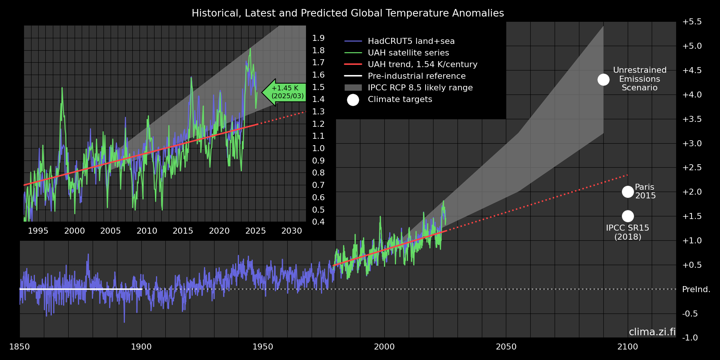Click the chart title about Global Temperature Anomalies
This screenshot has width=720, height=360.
click(x=348, y=13)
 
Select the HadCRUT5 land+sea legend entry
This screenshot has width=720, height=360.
click(x=411, y=41)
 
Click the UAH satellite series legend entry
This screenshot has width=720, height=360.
click(x=408, y=53)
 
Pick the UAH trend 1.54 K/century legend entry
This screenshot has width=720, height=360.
click(x=422, y=64)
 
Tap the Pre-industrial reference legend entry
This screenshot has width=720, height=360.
click(x=417, y=76)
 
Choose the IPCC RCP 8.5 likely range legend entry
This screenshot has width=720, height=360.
click(x=420, y=88)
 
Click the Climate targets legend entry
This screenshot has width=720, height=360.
click(x=400, y=99)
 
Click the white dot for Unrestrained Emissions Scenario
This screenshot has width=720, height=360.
click(x=603, y=79)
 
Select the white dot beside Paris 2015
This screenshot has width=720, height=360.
click(x=628, y=192)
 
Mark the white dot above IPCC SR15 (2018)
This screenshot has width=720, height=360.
click(x=628, y=216)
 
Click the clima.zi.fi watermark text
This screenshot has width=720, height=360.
click(x=652, y=332)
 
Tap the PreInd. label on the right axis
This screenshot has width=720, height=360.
click(x=696, y=289)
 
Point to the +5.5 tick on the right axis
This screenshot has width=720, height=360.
click(x=692, y=22)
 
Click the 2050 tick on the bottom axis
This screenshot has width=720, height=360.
click(x=506, y=347)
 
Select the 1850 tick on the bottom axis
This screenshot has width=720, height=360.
click(x=19, y=347)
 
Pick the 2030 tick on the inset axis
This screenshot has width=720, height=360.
click(x=291, y=231)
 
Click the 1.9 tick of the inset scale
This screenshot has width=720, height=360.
click(x=318, y=38)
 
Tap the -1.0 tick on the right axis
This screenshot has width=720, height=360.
click(x=690, y=338)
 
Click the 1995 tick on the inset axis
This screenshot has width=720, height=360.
click(x=38, y=231)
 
